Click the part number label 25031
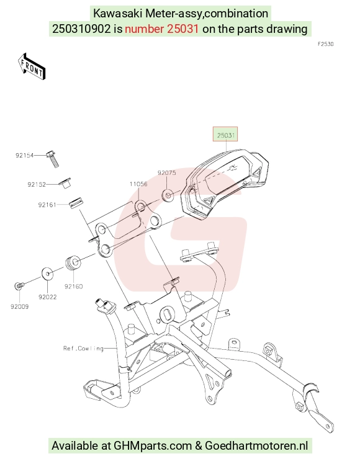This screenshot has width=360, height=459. coord(225,135)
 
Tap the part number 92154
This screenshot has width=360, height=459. coord(25,155)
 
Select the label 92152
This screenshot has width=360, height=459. coord(37,184)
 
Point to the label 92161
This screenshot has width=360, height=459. coord(47,205)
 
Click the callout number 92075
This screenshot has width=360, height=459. coord(167,172)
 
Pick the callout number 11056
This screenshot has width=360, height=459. coord(138,184)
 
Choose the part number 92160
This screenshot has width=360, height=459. coord(73,287)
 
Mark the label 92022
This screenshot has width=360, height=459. coord(47,297)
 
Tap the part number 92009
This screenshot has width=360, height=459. coord(20,306)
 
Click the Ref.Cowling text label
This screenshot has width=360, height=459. coord(83,349)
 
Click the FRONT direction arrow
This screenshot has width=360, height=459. coord(31,66)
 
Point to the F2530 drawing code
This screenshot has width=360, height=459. coord(326,44)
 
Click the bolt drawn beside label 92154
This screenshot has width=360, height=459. coord(53,159)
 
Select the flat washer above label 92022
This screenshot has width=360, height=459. coord(47,274)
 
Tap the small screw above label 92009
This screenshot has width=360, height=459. coord(19,285)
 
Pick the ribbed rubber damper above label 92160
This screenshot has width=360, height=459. coord(73,263)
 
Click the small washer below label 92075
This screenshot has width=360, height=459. coord(168,195)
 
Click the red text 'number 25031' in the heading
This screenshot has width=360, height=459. coord(162,29)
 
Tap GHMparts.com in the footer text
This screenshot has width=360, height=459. coord(152,445)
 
